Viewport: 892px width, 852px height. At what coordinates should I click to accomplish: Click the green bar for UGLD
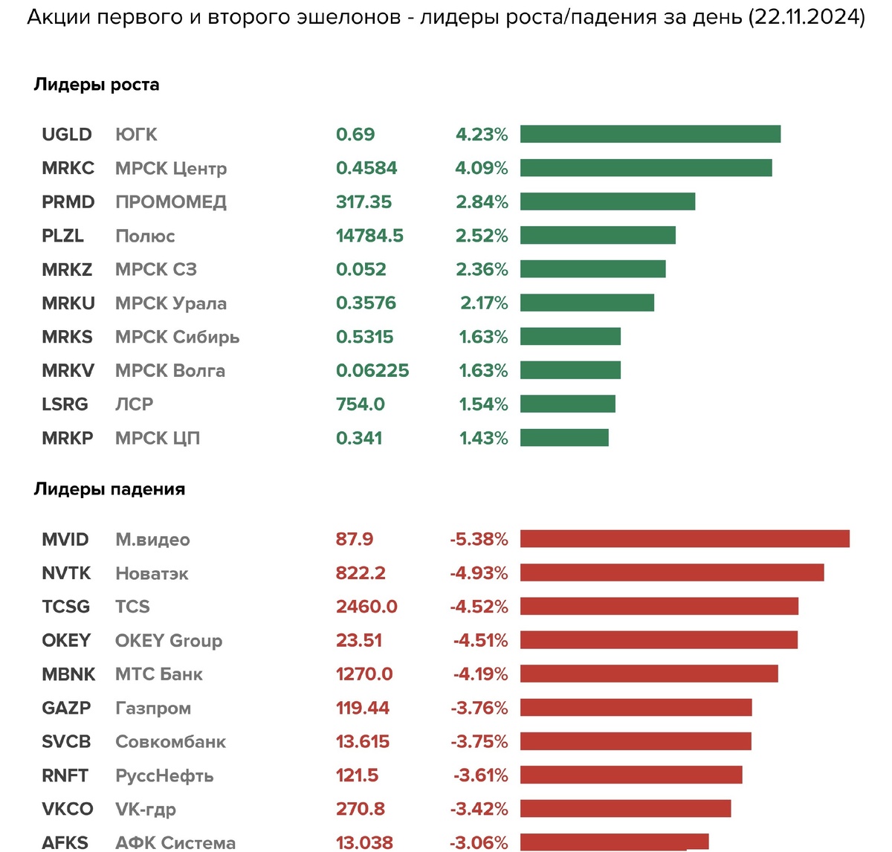pyautogui.click(x=650, y=134)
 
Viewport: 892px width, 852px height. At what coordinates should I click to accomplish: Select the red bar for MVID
pyautogui.click(x=685, y=539)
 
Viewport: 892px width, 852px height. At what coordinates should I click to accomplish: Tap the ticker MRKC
pyautogui.click(x=68, y=168)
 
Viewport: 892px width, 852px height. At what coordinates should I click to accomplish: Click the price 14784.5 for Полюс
pyautogui.click(x=369, y=236)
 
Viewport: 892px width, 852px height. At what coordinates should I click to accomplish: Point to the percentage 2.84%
pyautogui.click(x=482, y=202)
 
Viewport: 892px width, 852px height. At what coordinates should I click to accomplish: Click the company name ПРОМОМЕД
pyautogui.click(x=171, y=202)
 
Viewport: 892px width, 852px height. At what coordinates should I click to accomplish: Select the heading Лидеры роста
pyautogui.click(x=97, y=85)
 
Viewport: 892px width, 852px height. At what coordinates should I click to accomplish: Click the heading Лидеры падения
pyautogui.click(x=109, y=489)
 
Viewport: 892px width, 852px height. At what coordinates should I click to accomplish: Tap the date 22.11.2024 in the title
pyautogui.click(x=807, y=17)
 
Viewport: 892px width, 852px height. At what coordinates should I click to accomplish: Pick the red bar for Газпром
pyautogui.click(x=636, y=708)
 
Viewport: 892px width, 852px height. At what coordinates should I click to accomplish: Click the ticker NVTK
pyautogui.click(x=66, y=573)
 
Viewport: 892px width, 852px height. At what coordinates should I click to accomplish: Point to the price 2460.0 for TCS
pyautogui.click(x=366, y=607)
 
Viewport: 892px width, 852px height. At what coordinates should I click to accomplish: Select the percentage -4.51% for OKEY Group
pyautogui.click(x=480, y=641)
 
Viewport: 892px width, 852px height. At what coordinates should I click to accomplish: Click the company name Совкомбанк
pyautogui.click(x=170, y=742)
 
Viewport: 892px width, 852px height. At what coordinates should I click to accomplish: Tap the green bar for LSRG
pyautogui.click(x=568, y=404)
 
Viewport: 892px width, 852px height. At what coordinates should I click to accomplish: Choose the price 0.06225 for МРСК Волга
pyautogui.click(x=372, y=370)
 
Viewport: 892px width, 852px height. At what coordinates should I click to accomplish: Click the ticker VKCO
pyautogui.click(x=68, y=809)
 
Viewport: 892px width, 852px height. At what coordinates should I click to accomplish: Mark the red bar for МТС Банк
pyautogui.click(x=649, y=674)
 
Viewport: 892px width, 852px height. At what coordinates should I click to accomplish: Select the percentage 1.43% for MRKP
pyautogui.click(x=483, y=438)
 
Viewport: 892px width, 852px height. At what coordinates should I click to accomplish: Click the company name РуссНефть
pyautogui.click(x=164, y=775)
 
